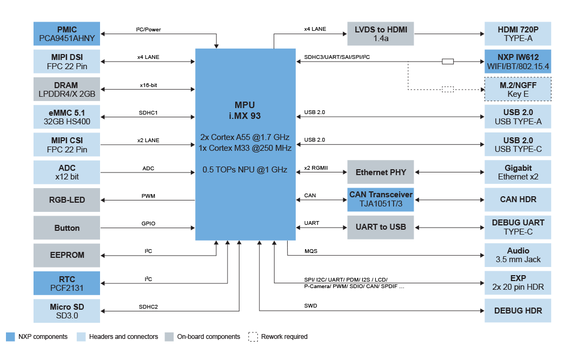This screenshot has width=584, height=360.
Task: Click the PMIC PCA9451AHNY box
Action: tap(67, 34)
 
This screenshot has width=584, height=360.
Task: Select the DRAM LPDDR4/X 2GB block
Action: tap(67, 89)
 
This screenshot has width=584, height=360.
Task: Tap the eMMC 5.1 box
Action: tap(67, 117)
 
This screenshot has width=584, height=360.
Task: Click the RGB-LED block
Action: tap(67, 200)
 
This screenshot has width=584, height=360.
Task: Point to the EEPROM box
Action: tap(67, 255)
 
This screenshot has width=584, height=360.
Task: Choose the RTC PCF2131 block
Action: tap(67, 283)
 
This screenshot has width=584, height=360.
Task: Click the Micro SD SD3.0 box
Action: tap(67, 311)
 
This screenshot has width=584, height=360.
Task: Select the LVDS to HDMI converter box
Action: tap(381, 34)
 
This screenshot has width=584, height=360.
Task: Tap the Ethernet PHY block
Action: tap(381, 172)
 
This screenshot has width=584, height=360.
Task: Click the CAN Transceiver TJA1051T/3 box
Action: tap(381, 199)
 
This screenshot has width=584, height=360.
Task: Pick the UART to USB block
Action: tap(381, 227)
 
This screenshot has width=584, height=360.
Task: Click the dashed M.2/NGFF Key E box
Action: tap(517, 89)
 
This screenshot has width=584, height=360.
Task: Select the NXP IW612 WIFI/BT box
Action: tap(517, 62)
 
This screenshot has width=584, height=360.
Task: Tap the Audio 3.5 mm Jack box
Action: tap(517, 255)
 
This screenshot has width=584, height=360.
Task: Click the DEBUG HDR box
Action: tap(517, 311)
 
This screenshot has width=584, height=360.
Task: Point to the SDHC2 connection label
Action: tap(148, 307)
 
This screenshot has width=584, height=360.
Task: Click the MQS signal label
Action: tap(311, 251)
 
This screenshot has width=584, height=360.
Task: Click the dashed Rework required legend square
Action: tap(253, 337)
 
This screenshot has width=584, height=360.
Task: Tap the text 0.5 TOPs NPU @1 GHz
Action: tap(244, 170)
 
